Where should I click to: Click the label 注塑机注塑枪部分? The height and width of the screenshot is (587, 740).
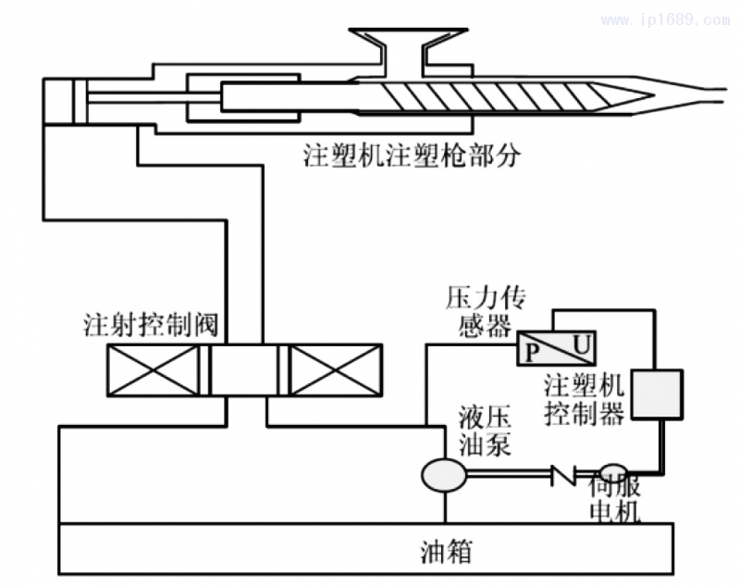(x=412, y=154)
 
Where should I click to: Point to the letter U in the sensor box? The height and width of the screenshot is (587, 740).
(x=580, y=343)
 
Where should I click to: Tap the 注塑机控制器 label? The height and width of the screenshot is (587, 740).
(x=584, y=399)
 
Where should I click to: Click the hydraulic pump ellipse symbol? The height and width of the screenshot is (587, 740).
(x=444, y=475)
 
